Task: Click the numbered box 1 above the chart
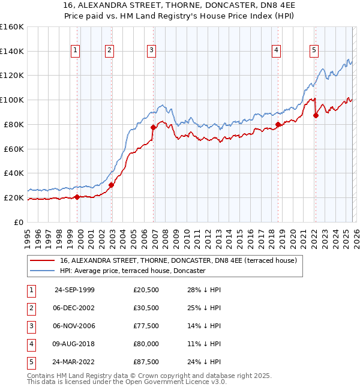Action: point(76,51)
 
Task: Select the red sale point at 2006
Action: point(153,127)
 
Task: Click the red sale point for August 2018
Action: point(278,124)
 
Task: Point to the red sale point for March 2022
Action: point(316,115)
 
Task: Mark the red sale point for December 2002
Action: point(111,185)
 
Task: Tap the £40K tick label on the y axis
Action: point(13,173)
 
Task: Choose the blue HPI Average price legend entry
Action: point(132,271)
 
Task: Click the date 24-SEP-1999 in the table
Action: point(74,290)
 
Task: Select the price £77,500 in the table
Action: point(146,326)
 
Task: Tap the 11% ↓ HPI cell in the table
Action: point(204,344)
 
